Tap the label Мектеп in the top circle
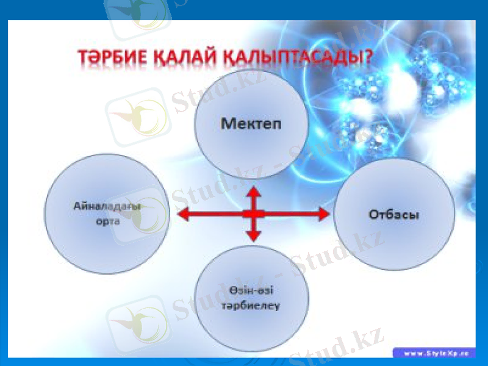click(x=251, y=123)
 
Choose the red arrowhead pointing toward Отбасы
click(x=323, y=213)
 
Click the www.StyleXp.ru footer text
click(x=435, y=353)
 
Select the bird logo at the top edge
click(x=137, y=13)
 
